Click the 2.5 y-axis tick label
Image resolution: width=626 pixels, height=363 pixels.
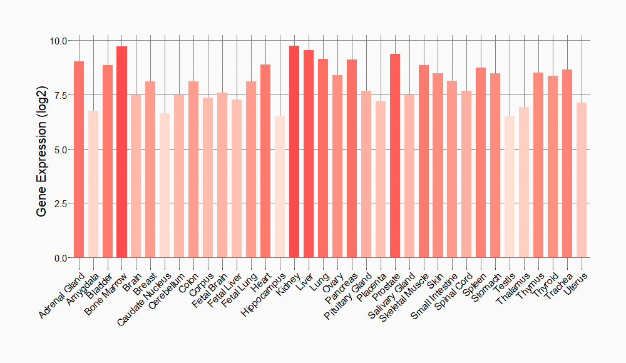point(61,203)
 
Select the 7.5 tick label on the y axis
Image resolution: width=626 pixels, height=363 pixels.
point(61,95)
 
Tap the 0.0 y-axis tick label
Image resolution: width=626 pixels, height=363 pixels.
point(61,258)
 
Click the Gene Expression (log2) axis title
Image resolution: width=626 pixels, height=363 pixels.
point(42,149)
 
